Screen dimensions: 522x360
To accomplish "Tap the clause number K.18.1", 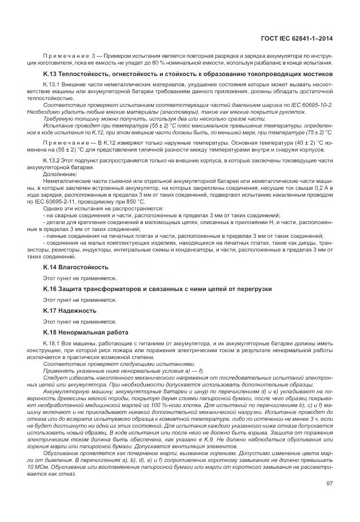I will (53, 342).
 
